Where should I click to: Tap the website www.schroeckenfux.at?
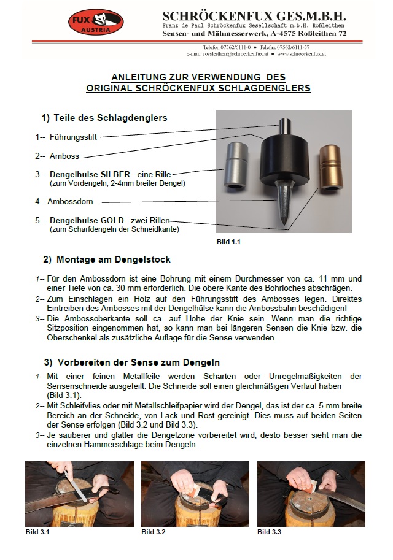coord(301,54)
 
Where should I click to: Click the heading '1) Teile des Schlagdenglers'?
coord(104,117)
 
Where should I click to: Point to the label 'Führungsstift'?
coord(72,137)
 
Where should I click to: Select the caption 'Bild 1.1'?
coord(228,242)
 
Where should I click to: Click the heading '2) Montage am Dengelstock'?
coord(107,259)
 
